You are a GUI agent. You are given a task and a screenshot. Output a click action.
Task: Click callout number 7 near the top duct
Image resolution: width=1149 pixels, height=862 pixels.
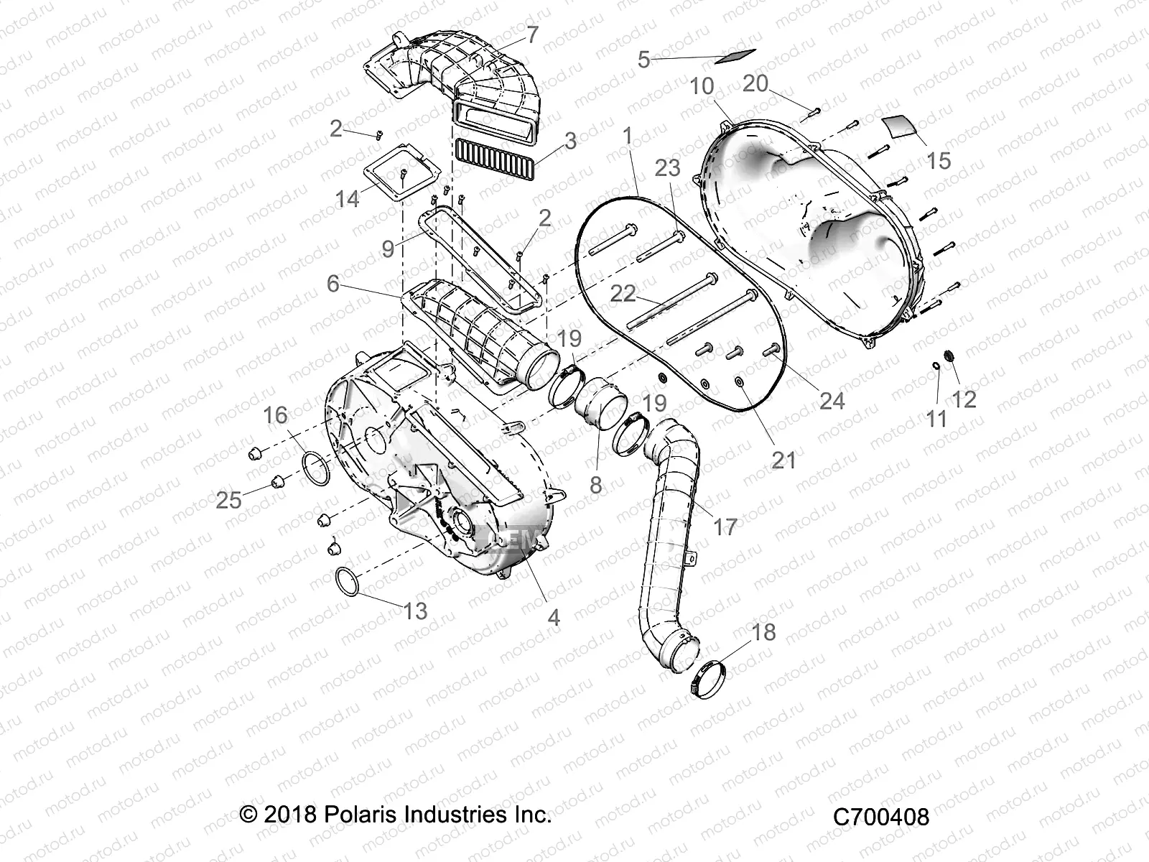(532, 34)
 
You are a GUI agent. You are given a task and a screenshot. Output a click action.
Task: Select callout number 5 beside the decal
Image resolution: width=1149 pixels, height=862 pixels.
(643, 60)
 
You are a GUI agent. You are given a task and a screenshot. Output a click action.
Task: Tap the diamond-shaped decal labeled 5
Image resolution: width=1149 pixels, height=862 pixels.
(735, 55)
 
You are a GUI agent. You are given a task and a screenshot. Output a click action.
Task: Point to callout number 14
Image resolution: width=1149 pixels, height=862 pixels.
(348, 199)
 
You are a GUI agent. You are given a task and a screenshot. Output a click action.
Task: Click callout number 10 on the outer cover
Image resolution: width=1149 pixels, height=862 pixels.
(702, 87)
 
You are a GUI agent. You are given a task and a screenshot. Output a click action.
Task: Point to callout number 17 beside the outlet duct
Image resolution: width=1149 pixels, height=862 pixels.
(726, 527)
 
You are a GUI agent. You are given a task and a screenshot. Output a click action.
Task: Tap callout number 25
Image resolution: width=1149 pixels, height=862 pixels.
(228, 499)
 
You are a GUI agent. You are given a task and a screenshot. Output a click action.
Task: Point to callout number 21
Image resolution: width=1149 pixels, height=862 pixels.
(783, 459)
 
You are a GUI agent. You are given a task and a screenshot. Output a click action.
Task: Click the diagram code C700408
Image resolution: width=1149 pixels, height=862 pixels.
(881, 817)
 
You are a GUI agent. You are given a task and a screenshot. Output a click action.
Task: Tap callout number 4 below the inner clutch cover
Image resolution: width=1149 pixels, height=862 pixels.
(554, 617)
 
